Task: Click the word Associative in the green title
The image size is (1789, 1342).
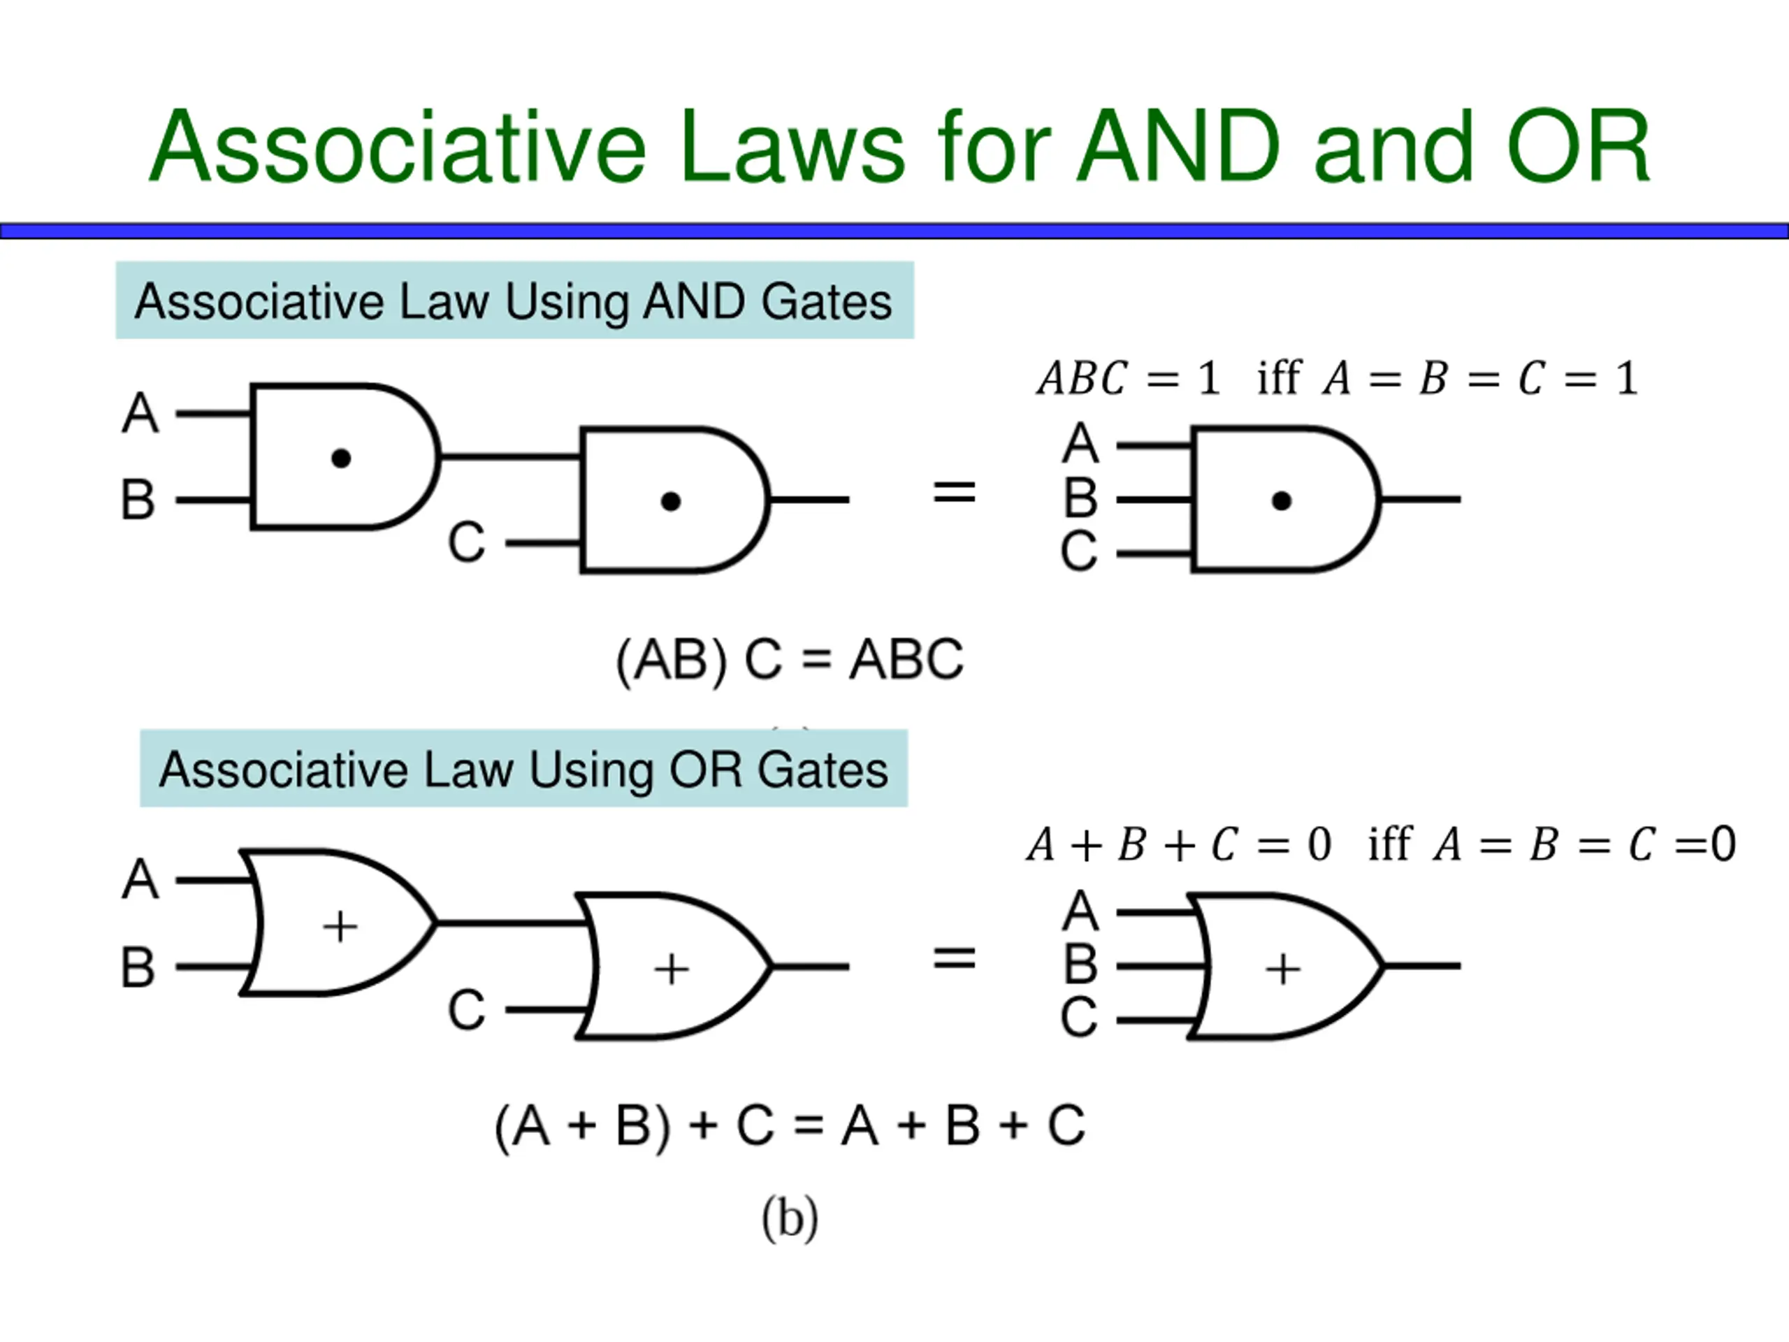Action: (x=397, y=147)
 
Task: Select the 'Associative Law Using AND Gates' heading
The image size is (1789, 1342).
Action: (x=514, y=301)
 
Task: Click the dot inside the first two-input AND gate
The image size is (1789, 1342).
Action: (x=341, y=459)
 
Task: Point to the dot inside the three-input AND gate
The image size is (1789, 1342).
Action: (x=1281, y=502)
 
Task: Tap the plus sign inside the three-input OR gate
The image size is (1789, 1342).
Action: (x=1283, y=969)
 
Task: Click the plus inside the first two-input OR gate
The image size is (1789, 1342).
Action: (x=340, y=926)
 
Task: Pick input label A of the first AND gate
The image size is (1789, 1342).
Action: (x=140, y=413)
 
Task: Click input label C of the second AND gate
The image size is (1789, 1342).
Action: (x=467, y=543)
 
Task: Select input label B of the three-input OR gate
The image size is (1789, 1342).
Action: (x=1080, y=965)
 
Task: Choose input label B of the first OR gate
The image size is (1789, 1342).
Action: (x=138, y=967)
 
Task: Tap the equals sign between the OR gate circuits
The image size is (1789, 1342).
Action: (x=955, y=958)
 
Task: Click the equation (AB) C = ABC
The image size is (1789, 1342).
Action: (x=790, y=660)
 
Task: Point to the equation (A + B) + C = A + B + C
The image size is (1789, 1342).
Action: (x=790, y=1125)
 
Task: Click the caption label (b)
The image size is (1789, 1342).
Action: (x=790, y=1218)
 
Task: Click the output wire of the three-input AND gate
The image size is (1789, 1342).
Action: (x=1421, y=500)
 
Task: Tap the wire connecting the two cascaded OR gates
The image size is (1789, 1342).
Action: (x=509, y=923)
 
